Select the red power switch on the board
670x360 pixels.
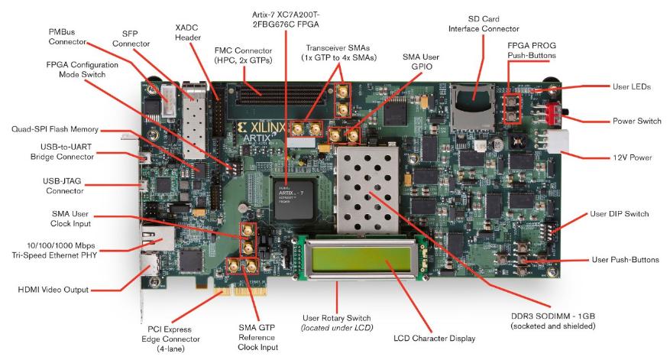[x=553, y=115]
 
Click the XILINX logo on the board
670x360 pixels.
[x=274, y=127]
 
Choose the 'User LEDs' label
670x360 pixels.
[x=631, y=87]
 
